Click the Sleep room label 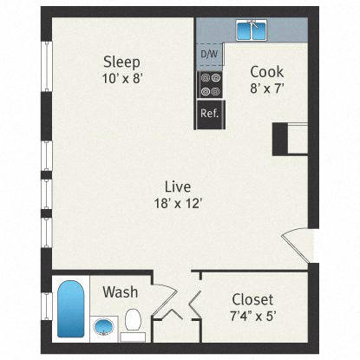click(121, 62)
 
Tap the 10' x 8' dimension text click(121, 77)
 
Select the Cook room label click(265, 72)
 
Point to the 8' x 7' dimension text click(265, 88)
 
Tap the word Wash click(120, 292)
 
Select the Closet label click(252, 298)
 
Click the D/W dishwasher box click(208, 55)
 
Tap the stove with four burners click(208, 84)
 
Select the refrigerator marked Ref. click(208, 114)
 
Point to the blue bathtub click(71, 308)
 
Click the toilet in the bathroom click(133, 319)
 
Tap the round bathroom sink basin click(103, 328)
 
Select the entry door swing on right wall click(297, 245)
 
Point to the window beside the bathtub click(47, 308)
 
